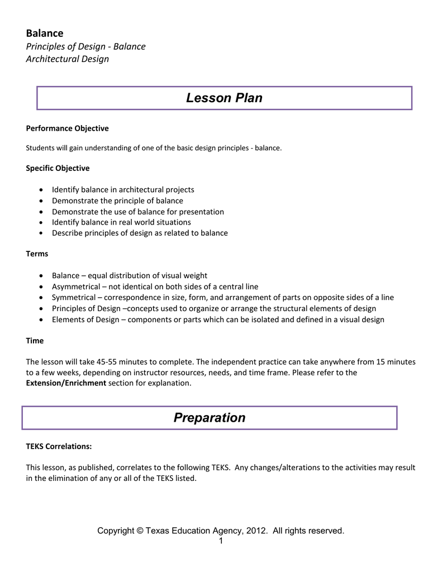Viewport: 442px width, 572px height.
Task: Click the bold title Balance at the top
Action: [x=45, y=33]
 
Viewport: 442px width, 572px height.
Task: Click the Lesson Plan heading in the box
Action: [x=224, y=98]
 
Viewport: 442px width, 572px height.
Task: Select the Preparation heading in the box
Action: [x=210, y=418]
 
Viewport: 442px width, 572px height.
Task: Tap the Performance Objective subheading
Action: [x=67, y=128]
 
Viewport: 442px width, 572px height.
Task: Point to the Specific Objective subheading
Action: [x=58, y=168]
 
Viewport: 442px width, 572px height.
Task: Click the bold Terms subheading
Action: [x=37, y=254]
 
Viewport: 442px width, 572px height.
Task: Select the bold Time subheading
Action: [x=35, y=340]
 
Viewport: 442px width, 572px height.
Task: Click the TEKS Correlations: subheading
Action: [x=59, y=446]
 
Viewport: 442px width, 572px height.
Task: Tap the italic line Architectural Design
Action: [x=68, y=59]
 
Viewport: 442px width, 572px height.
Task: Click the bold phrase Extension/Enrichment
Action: [x=66, y=383]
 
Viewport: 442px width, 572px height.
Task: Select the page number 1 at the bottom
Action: [x=221, y=541]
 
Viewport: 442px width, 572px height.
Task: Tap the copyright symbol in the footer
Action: [x=140, y=531]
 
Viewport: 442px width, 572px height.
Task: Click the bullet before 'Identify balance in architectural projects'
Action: [x=43, y=190]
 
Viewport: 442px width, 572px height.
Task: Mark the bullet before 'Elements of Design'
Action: [x=43, y=320]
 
